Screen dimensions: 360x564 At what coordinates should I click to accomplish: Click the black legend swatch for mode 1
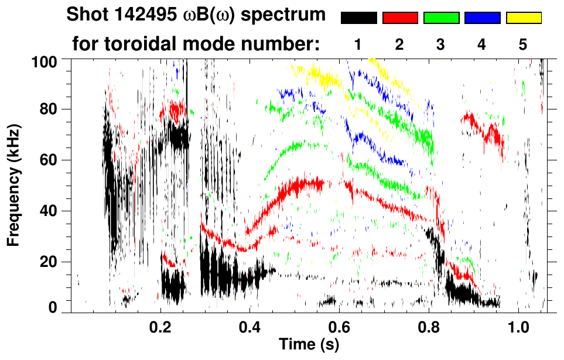click(358, 18)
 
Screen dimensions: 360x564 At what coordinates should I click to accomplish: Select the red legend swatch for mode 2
click(400, 18)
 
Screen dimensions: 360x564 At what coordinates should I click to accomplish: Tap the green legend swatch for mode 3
click(441, 18)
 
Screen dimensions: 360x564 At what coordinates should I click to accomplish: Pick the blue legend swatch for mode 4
click(482, 18)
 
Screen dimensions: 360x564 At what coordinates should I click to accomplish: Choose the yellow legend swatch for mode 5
click(524, 18)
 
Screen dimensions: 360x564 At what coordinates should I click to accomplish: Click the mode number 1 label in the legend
click(358, 45)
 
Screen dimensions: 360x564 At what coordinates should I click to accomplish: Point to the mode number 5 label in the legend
click(523, 45)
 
